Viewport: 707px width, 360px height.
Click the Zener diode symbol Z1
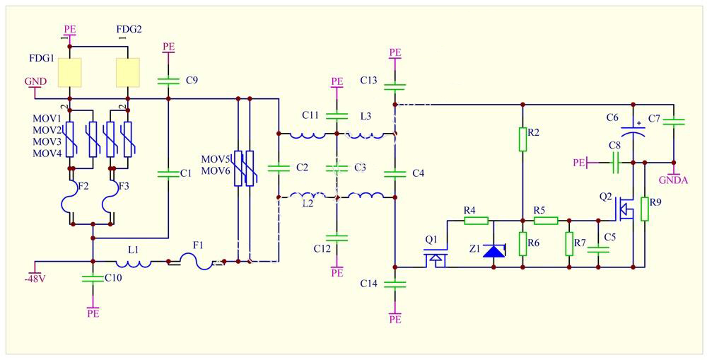493,250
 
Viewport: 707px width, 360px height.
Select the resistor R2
522,139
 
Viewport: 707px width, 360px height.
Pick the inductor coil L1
133,262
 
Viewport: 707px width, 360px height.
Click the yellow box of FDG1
70,71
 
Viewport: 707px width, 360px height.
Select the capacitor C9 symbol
168,80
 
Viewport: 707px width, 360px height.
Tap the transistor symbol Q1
436,260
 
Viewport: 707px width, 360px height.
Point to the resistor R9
644,209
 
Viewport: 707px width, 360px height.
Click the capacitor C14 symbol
395,284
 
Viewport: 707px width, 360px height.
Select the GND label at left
35,81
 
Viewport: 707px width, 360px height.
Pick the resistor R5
546,220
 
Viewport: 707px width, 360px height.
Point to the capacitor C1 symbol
168,173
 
